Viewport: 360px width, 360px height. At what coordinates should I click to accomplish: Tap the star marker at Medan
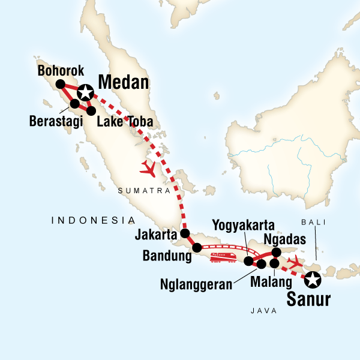point(85,92)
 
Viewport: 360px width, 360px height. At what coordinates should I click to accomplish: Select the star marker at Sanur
point(312,279)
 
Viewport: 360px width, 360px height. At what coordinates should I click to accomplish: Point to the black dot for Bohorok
point(60,84)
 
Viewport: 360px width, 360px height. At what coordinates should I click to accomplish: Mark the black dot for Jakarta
point(185,233)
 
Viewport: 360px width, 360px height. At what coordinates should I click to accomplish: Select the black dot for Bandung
point(197,247)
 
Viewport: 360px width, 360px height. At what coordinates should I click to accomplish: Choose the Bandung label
point(167,256)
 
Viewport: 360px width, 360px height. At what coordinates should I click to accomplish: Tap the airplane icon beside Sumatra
point(148,169)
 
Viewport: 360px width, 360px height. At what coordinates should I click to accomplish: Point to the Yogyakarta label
point(244,226)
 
